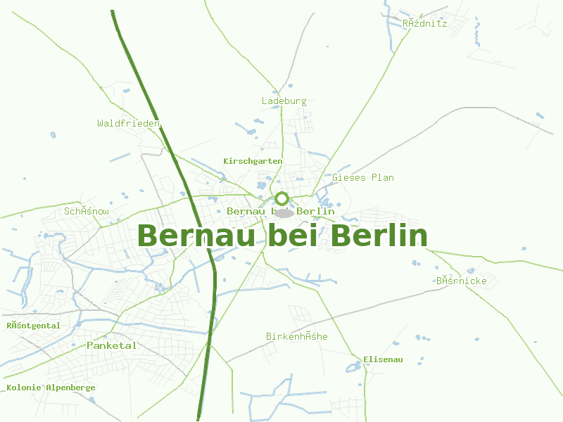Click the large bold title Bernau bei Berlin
(x=282, y=236)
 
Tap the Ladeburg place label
(x=284, y=101)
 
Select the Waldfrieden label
(x=129, y=123)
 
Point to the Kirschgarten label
(x=253, y=161)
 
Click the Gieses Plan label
(x=363, y=177)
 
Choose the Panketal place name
(x=112, y=345)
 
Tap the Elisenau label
(x=383, y=359)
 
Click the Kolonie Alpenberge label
(x=51, y=388)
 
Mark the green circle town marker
(x=282, y=198)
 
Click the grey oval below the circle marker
(x=283, y=213)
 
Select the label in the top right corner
(x=424, y=23)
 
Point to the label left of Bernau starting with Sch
(x=87, y=211)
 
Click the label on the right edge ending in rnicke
(x=461, y=281)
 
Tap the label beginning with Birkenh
(x=297, y=336)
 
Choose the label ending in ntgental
(x=34, y=326)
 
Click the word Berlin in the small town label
(x=316, y=211)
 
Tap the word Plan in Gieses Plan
(x=383, y=177)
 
